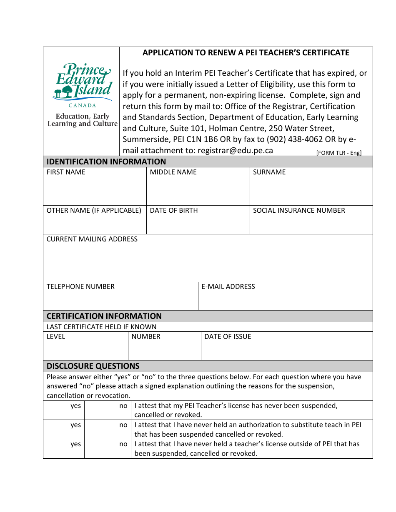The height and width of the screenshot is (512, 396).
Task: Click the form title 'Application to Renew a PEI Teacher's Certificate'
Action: click(246, 53)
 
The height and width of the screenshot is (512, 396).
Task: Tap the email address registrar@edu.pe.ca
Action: click(235, 151)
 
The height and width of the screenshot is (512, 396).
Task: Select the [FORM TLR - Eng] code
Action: click(338, 153)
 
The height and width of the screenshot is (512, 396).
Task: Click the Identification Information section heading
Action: click(106, 162)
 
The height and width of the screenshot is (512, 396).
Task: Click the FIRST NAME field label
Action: click(66, 172)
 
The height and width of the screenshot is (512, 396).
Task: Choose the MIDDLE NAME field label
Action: click(173, 172)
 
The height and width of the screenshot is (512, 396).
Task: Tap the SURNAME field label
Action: click(269, 172)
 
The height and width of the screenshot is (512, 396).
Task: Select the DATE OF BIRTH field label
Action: click(174, 211)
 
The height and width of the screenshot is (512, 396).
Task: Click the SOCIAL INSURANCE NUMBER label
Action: click(299, 211)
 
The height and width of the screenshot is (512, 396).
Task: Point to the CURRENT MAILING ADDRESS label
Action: click(92, 239)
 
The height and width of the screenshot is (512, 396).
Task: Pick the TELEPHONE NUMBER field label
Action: click(80, 287)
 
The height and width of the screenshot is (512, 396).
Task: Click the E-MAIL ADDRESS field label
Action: click(228, 287)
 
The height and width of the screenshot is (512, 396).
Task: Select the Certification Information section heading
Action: click(104, 316)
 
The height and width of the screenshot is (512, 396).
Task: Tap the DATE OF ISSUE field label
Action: click(228, 337)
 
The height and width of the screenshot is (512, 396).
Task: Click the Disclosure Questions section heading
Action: click(93, 366)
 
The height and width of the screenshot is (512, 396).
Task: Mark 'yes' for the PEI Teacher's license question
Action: click(75, 406)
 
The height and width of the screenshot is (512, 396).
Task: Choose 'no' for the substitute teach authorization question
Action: click(123, 425)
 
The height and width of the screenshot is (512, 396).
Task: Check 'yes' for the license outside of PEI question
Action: click(75, 444)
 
